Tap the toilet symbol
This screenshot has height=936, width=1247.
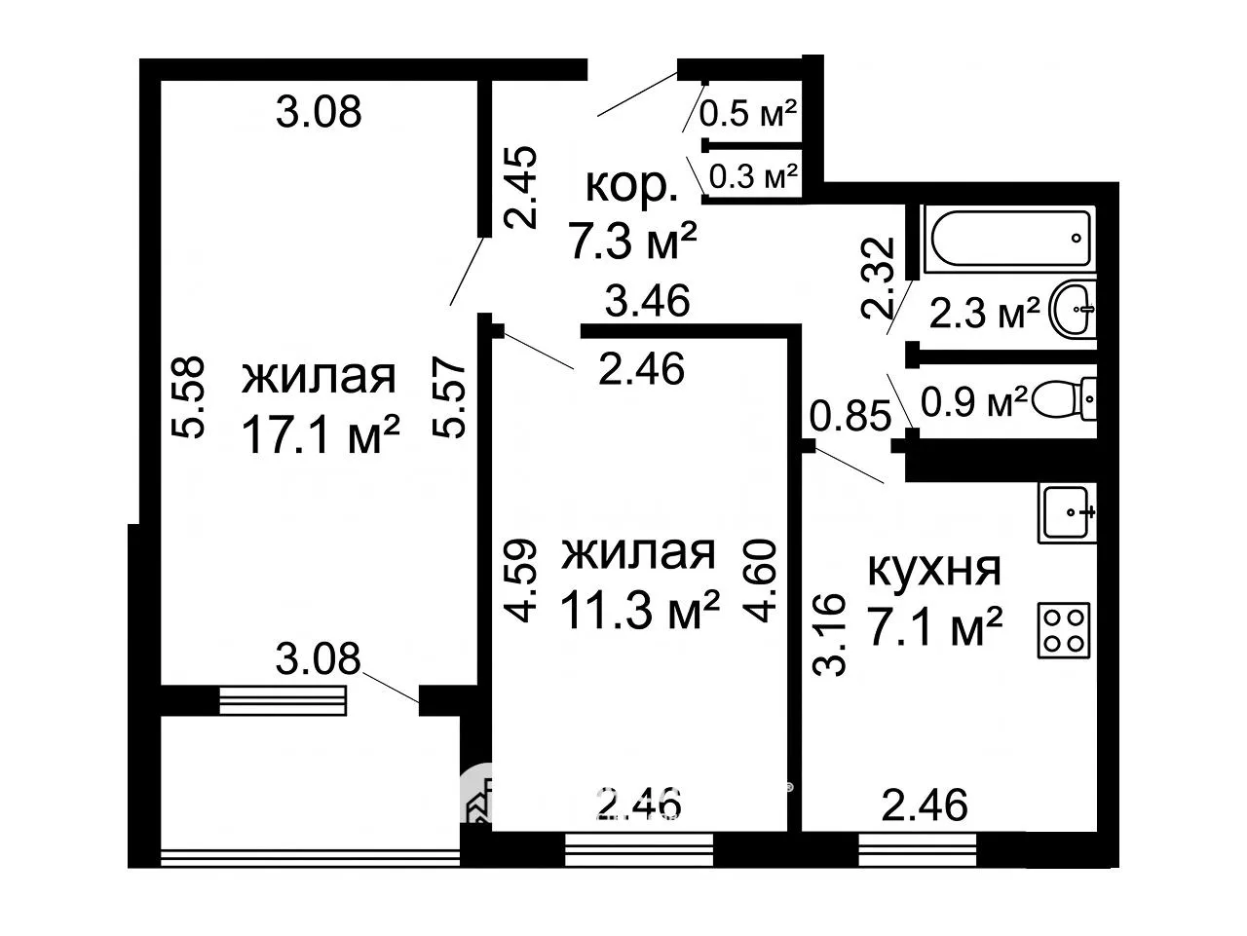[x=1062, y=399]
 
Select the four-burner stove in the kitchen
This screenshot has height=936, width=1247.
[x=1064, y=630]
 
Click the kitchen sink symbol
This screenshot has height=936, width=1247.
[x=1067, y=513]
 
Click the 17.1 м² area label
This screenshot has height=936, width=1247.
[x=321, y=434]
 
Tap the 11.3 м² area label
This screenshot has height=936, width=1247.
[x=640, y=610]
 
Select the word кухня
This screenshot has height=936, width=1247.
[x=934, y=570]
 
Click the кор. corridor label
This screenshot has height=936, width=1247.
[x=631, y=186]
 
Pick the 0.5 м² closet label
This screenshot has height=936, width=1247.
[x=747, y=114]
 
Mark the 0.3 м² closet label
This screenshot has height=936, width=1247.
[x=754, y=176]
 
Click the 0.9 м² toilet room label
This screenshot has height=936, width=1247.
[x=974, y=402]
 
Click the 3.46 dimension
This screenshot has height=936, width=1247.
[x=647, y=300]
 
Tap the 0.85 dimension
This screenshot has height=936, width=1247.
[x=850, y=415]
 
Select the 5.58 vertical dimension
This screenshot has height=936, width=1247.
[x=187, y=397]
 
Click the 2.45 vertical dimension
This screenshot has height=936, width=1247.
[x=521, y=187]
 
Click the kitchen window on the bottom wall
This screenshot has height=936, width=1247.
[x=917, y=848]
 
